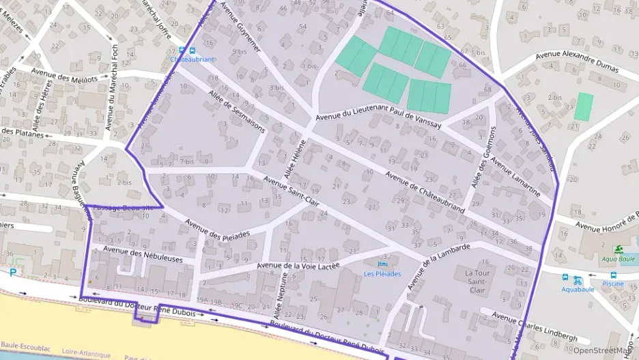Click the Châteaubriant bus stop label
pyautogui.click(x=193, y=59)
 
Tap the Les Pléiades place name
pyautogui.click(x=382, y=274)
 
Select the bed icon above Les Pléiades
pyautogui.click(x=382, y=264)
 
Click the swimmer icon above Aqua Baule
pyautogui.click(x=618, y=249)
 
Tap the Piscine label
pyautogui.click(x=613, y=283)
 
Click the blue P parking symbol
pyautogui.click(x=13, y=273)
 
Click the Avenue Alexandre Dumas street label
pyautogui.click(x=577, y=62)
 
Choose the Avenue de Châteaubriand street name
pyautogui.click(x=425, y=192)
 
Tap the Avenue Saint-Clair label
pyautogui.click(x=292, y=193)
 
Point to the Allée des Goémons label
pyautogui.click(x=481, y=158)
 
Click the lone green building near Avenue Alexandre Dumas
pyautogui.click(x=584, y=107)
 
